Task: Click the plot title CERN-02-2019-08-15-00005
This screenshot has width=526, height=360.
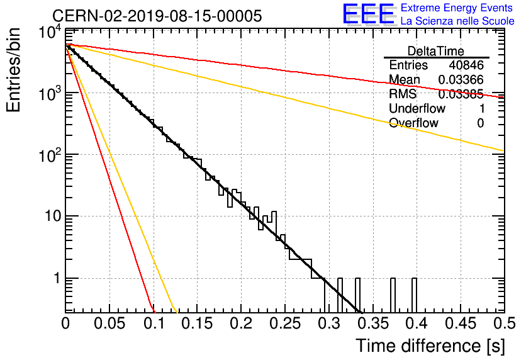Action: pos(157,16)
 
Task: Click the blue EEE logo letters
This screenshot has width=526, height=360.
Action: pos(368,14)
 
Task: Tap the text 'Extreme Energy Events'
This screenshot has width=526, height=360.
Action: pos(457,8)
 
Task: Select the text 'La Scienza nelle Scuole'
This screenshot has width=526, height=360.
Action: pos(457,21)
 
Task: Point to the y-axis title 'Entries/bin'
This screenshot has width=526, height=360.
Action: pos(13,70)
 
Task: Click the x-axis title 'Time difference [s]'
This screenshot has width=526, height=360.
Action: pos(430,346)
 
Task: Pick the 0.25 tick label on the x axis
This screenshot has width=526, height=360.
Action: pos(285,323)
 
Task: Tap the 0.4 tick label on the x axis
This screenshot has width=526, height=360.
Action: pos(417,323)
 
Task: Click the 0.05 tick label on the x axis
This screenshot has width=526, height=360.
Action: pos(109,323)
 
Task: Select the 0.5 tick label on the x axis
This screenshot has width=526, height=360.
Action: pos(504,323)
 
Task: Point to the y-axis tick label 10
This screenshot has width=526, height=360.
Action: pos(53,216)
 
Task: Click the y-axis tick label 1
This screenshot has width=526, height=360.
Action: pos(57,278)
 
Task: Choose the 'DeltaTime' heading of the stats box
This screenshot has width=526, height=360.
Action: pos(436,51)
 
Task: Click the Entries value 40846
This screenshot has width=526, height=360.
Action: pos(466,65)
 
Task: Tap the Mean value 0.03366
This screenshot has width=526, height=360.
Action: pos(461,79)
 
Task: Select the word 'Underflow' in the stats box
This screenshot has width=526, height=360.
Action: pos(417,108)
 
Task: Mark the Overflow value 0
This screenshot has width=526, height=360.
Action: pos(480,123)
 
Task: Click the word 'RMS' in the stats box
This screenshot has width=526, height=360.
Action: pos(403,94)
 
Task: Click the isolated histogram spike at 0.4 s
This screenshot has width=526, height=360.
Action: pos(414,295)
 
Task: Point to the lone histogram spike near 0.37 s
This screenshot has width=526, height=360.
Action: pos(393,295)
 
